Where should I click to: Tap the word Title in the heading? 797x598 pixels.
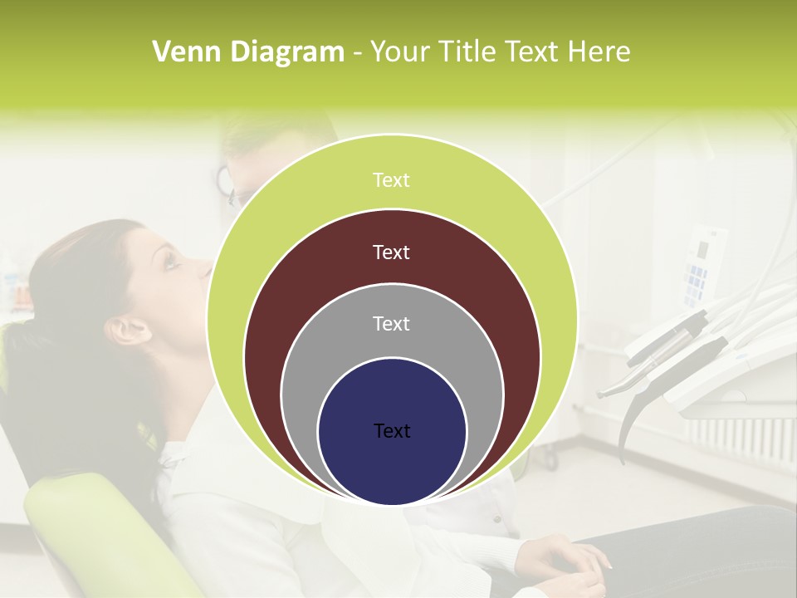click(x=471, y=51)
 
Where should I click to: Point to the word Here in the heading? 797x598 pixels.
click(x=599, y=51)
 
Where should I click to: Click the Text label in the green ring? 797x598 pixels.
click(x=391, y=180)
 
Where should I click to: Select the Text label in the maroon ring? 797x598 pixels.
click(x=391, y=252)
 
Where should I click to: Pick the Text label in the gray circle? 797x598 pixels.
click(x=391, y=323)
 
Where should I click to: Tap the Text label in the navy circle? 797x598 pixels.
click(x=391, y=430)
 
